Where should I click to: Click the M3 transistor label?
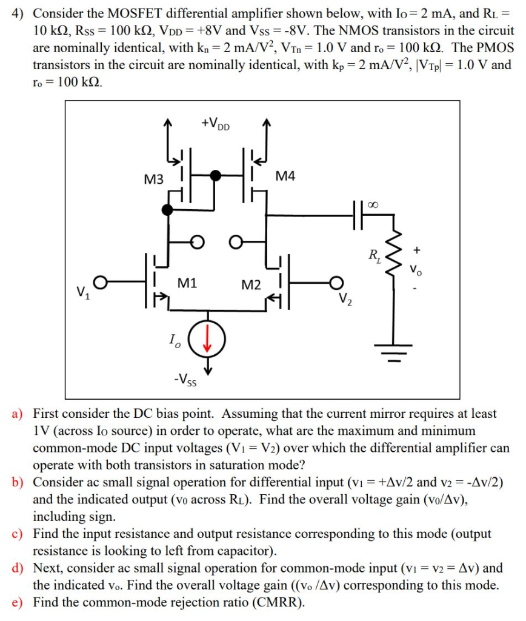pyautogui.click(x=154, y=180)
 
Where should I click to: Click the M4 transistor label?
pyautogui.click(x=285, y=176)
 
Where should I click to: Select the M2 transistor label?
pyautogui.click(x=251, y=284)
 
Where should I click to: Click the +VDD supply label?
pyautogui.click(x=216, y=124)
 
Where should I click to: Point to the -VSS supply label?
pyautogui.click(x=185, y=380)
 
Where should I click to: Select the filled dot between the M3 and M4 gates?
pyautogui.click(x=215, y=176)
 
